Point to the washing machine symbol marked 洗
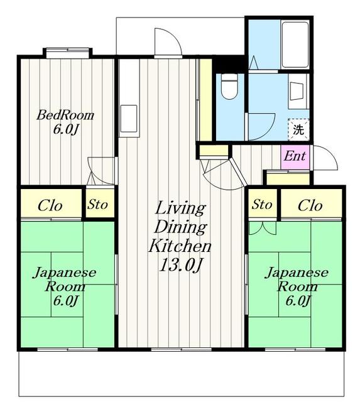(x=299, y=130)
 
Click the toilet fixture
(x=229, y=87)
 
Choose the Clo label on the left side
(x=50, y=205)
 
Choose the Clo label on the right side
(x=310, y=205)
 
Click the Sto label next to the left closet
(x=98, y=205)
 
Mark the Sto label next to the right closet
(x=263, y=205)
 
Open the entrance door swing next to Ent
(x=325, y=159)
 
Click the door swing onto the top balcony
(x=168, y=42)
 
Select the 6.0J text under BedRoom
(x=65, y=129)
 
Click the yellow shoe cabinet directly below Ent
(x=287, y=178)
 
